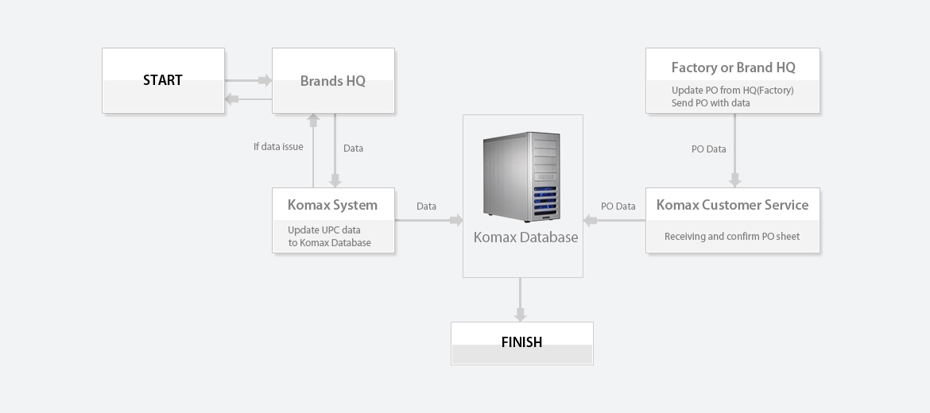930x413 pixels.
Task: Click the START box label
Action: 162,80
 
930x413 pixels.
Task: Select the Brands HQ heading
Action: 333,80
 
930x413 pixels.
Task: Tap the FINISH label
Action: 521,342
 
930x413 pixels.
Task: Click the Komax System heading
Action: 332,205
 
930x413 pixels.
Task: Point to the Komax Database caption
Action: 525,237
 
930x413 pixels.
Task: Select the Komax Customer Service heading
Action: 733,205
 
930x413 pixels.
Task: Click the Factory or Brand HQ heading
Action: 733,68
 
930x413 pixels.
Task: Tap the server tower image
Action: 522,176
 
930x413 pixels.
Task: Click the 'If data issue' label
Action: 278,146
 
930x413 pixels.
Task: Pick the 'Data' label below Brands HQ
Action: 353,149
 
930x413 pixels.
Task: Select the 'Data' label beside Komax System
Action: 426,206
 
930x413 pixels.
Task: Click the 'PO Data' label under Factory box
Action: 709,149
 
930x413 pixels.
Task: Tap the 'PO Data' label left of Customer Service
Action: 618,206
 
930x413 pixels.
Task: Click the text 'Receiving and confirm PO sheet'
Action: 732,237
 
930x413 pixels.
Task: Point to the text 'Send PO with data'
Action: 711,103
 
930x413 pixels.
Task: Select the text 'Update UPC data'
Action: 324,230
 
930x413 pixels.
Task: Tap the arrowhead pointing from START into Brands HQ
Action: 265,80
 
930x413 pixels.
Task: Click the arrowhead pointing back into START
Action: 232,99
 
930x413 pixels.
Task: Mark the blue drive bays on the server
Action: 545,200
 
